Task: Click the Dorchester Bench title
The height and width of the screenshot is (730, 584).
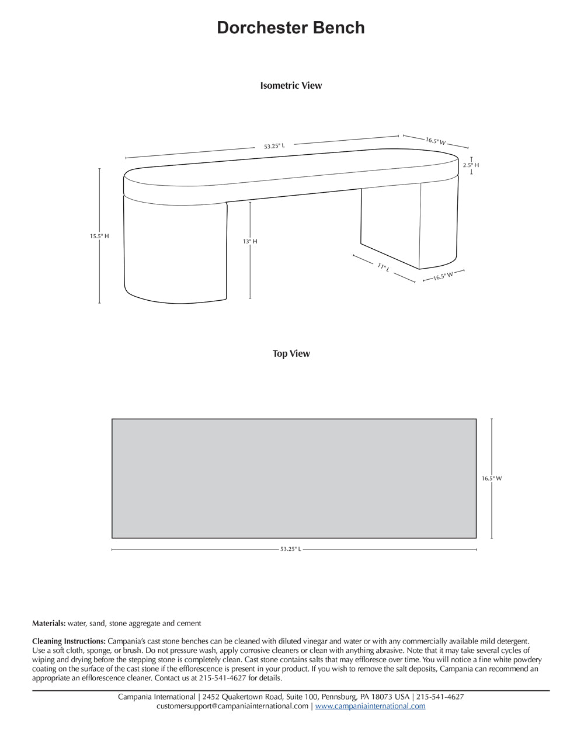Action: click(291, 28)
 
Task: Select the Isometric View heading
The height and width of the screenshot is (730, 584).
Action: click(291, 86)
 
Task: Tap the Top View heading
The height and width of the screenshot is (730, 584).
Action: click(291, 354)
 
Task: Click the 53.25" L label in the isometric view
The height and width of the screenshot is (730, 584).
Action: click(274, 146)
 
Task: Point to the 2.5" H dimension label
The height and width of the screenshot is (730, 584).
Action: click(471, 165)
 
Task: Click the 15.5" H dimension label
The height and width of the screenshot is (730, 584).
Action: click(99, 237)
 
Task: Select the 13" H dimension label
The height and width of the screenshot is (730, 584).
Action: click(250, 241)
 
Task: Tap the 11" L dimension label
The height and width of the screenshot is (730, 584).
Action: click(383, 267)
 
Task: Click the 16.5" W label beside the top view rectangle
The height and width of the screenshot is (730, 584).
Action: click(492, 478)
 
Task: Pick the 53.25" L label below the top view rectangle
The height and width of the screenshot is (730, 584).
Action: click(291, 550)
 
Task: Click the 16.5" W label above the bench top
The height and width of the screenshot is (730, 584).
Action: click(436, 141)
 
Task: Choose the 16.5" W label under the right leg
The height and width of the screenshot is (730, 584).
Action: click(443, 276)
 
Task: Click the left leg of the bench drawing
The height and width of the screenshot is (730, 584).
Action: click(175, 251)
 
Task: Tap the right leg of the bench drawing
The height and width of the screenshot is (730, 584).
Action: click(409, 222)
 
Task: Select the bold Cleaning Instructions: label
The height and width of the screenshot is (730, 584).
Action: click(69, 641)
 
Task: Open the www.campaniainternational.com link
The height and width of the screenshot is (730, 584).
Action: click(370, 706)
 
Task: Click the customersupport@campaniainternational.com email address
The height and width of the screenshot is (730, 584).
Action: click(232, 706)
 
